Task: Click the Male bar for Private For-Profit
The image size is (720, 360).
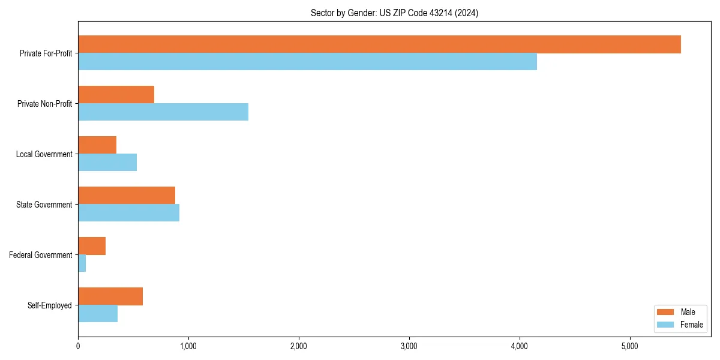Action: click(379, 44)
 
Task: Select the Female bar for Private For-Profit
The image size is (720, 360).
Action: click(307, 62)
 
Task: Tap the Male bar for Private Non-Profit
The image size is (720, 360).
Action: click(116, 95)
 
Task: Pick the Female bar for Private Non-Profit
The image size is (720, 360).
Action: click(163, 112)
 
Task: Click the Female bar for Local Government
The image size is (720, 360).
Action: click(107, 163)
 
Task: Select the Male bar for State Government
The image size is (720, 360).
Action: click(127, 196)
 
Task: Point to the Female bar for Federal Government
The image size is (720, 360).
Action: click(82, 263)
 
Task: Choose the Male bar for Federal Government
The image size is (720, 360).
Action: click(92, 246)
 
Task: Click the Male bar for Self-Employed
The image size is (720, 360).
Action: click(110, 296)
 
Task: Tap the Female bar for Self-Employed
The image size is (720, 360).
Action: click(98, 314)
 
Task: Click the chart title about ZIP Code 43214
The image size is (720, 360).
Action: click(394, 13)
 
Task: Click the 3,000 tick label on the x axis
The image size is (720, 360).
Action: click(409, 346)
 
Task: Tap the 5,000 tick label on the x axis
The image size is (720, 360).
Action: click(629, 346)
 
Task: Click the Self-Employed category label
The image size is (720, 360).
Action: click(50, 305)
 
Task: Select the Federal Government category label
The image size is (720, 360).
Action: click(41, 255)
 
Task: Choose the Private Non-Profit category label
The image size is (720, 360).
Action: click(44, 104)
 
